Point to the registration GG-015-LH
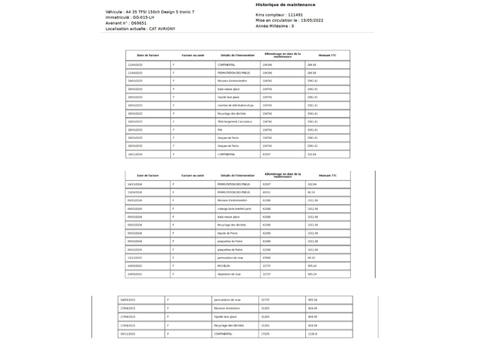click(x=142, y=17)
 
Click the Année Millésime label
click(x=273, y=25)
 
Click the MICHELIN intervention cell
click(x=223, y=265)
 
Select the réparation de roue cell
click(x=229, y=274)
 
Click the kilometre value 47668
click(x=266, y=257)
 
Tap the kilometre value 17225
click(x=265, y=334)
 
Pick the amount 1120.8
click(x=312, y=334)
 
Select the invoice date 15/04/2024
click(x=135, y=192)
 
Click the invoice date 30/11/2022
click(x=127, y=334)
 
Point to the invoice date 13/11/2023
click(x=135, y=257)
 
